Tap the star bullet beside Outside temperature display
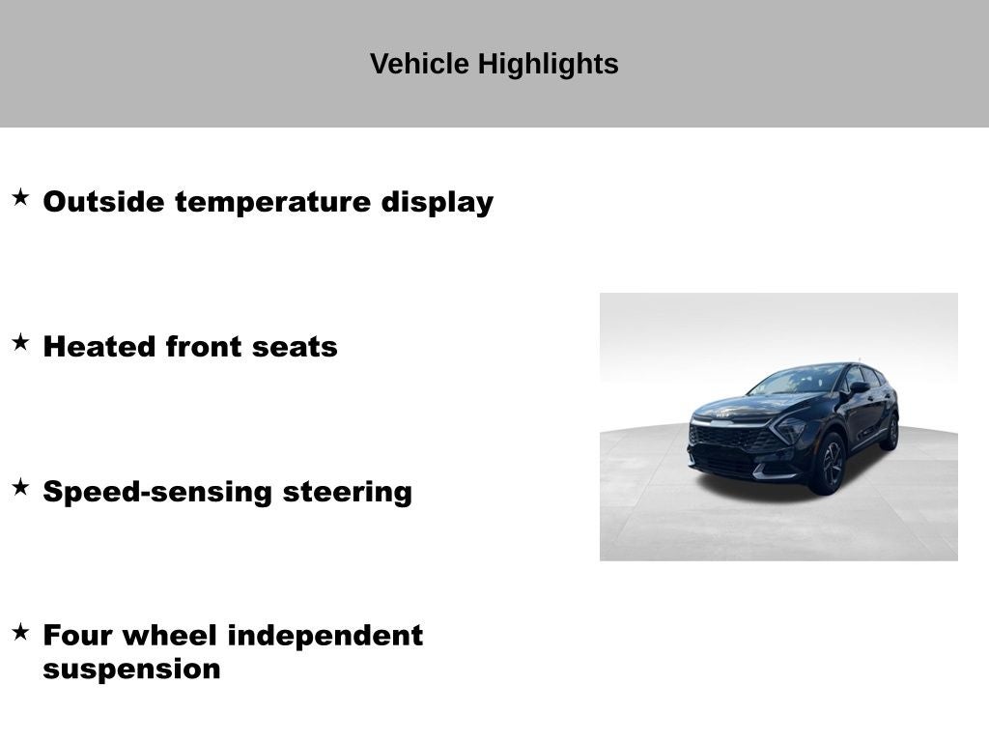[20, 198]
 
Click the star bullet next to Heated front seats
[20, 342]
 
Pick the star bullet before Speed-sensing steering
[20, 487]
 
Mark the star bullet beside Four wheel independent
[20, 632]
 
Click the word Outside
[104, 202]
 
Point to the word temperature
[273, 203]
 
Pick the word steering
[348, 492]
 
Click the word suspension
[131, 669]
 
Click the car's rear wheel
[890, 432]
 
